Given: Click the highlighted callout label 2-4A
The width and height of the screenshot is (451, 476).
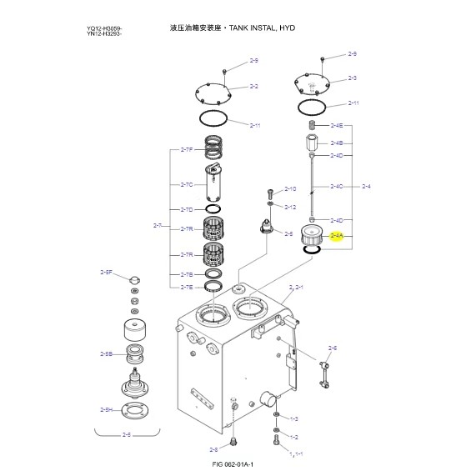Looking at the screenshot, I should point(337,237).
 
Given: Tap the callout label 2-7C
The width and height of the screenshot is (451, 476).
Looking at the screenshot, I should point(187,184).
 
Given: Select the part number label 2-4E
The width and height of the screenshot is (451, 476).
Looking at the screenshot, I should point(336,125).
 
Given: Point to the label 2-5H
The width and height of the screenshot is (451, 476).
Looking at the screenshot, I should point(106,409).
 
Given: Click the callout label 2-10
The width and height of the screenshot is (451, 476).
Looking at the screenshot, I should point(290,189).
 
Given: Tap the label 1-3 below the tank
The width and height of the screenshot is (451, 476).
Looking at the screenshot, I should point(293,418).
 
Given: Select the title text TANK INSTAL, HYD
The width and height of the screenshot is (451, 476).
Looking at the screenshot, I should point(253,28).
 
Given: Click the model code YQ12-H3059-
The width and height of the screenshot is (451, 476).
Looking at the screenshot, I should point(104,28).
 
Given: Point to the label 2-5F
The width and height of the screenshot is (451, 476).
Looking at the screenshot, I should point(106,273).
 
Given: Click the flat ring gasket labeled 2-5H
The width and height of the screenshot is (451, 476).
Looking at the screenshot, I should point(136,409).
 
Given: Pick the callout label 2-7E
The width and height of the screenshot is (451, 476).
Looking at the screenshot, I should point(187,287).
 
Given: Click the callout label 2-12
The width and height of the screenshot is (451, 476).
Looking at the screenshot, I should point(290,207).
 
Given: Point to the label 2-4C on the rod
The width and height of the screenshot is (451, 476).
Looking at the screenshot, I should point(336,186).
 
